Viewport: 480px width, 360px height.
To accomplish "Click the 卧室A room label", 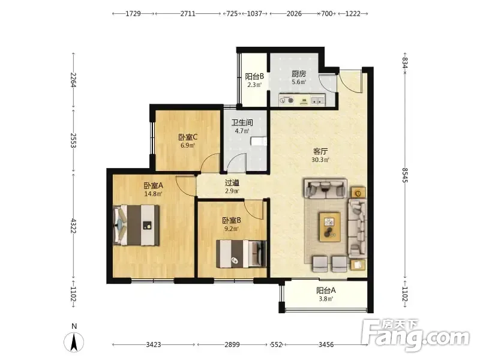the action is pos(154,185).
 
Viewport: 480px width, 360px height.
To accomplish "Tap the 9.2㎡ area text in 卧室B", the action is pos(232,229).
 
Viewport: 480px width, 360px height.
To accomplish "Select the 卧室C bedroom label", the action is pos(188,137).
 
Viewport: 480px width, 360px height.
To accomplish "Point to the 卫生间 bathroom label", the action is pos(242,123).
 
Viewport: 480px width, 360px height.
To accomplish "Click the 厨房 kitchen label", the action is pos(299,74).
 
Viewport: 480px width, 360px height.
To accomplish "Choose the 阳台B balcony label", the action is pos(254,76).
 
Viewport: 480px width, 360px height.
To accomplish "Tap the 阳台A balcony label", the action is pos(326,290).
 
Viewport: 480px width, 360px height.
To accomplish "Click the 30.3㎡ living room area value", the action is pos(320,160).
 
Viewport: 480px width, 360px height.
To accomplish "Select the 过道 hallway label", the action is pos(232,183).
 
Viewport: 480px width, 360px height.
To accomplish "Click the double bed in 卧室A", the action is pos(136,225).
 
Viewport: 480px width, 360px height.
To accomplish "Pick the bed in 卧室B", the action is pos(241,254).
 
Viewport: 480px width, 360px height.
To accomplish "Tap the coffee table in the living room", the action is pos(329,227).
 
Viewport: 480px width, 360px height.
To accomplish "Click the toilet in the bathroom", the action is pos(259,142).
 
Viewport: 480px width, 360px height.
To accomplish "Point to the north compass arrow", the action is pos(74,342).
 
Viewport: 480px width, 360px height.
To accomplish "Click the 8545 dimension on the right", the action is pos(404,175).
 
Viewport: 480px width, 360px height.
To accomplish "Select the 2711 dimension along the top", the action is pos(188,13).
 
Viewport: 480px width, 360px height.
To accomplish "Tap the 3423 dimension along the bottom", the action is pos(154,344).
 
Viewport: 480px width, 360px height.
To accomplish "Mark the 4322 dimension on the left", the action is pos(73,226).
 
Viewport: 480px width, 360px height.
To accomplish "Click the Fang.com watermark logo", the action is pos(415,335).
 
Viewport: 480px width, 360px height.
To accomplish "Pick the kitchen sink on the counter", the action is pos(317,100).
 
